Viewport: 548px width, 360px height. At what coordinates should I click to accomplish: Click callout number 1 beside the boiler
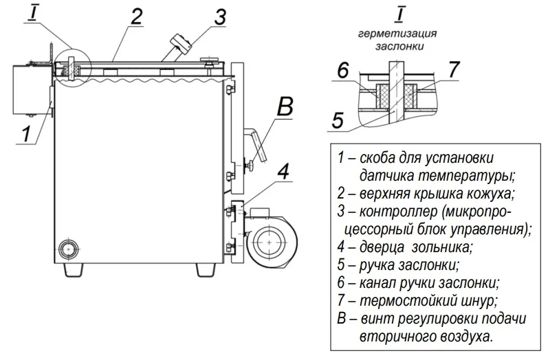(25, 133)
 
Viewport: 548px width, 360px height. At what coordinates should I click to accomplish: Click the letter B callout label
(285, 108)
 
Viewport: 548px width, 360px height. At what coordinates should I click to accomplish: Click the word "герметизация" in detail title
(398, 33)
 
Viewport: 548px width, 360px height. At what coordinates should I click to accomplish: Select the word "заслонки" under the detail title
(398, 46)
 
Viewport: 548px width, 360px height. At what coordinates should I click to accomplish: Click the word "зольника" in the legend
(450, 245)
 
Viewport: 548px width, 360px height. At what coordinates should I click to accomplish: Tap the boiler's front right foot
(201, 269)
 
